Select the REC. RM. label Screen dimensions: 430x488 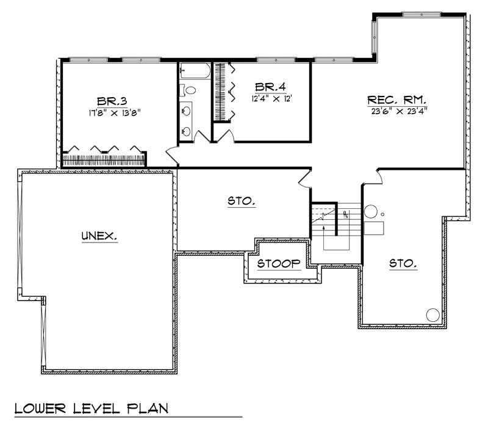396,100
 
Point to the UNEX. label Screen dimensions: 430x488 99,235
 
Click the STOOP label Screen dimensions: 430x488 279,264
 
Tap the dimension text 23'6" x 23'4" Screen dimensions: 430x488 397,111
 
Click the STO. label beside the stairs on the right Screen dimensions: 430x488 403,264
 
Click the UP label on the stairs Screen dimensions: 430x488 345,214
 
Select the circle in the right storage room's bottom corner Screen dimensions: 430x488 432,315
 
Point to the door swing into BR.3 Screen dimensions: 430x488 171,155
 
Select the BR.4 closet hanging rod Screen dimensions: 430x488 218,92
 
